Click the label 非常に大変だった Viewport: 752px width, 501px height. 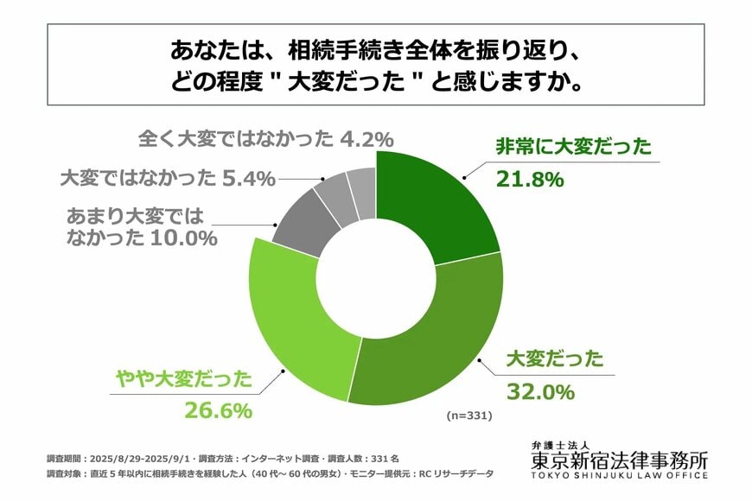pyautogui.click(x=572, y=147)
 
